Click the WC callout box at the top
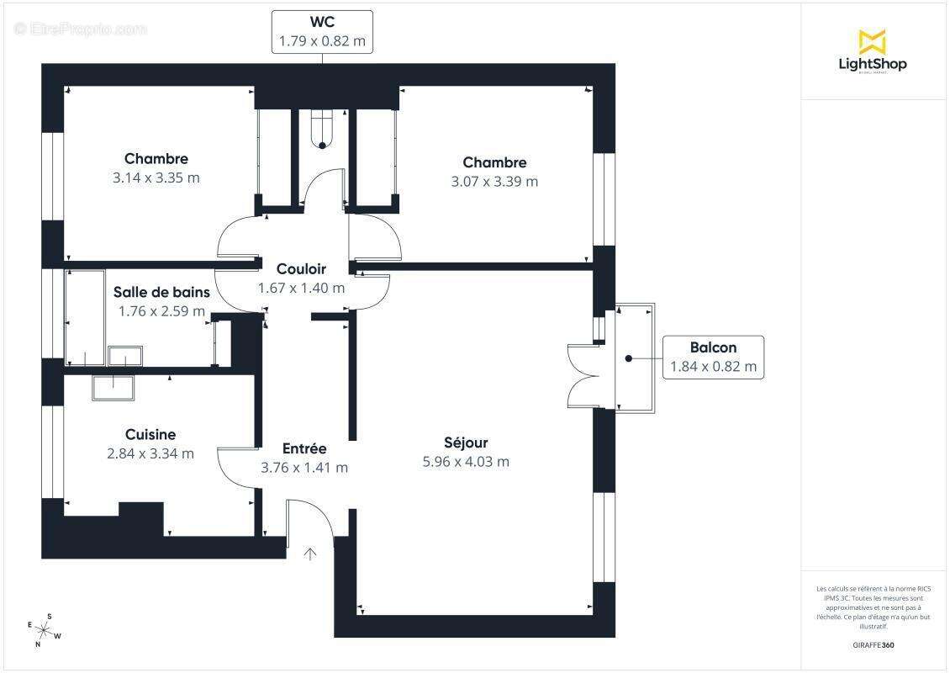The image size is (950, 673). pyautogui.click(x=322, y=32)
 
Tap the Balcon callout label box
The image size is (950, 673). pyautogui.click(x=713, y=358)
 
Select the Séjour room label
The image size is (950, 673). pyautogui.click(x=466, y=442)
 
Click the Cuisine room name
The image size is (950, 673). pyautogui.click(x=150, y=434)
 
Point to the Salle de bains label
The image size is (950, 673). pyautogui.click(x=161, y=293)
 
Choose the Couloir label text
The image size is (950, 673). pyautogui.click(x=301, y=269)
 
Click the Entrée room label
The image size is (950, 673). pyautogui.click(x=303, y=449)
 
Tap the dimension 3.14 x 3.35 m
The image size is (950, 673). pyautogui.click(x=156, y=178)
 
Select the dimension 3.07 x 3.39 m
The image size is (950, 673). pyautogui.click(x=494, y=181)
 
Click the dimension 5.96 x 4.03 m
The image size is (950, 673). pyautogui.click(x=466, y=461)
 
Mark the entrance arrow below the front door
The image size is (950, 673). pyautogui.click(x=310, y=553)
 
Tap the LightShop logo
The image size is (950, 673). pyautogui.click(x=872, y=52)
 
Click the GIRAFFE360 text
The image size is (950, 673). pyautogui.click(x=873, y=645)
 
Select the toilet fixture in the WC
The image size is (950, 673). pyautogui.click(x=322, y=130)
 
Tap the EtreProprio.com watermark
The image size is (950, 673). pyautogui.click(x=81, y=29)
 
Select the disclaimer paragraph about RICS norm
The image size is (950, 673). pyautogui.click(x=873, y=607)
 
